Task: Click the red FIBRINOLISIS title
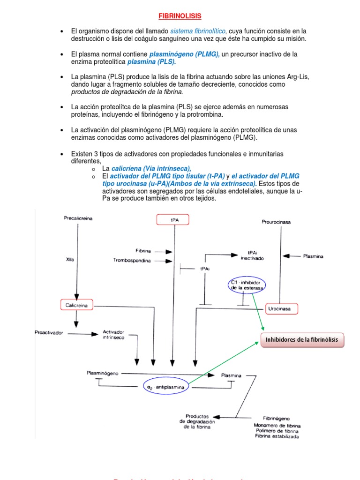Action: tap(180, 16)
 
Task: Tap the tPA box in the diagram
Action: tap(174, 219)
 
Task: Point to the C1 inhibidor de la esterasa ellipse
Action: tap(247, 285)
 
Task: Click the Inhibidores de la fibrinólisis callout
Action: tap(302, 340)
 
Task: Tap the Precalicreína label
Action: tap(78, 218)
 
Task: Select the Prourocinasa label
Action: tap(276, 222)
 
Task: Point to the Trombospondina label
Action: tap(132, 261)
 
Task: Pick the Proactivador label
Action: tap(49, 333)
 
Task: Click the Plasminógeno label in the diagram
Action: tap(103, 373)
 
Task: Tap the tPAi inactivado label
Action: tap(252, 255)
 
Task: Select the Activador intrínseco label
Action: tap(113, 335)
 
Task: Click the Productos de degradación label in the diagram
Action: tap(197, 421)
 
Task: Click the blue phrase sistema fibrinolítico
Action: tap(197, 30)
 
